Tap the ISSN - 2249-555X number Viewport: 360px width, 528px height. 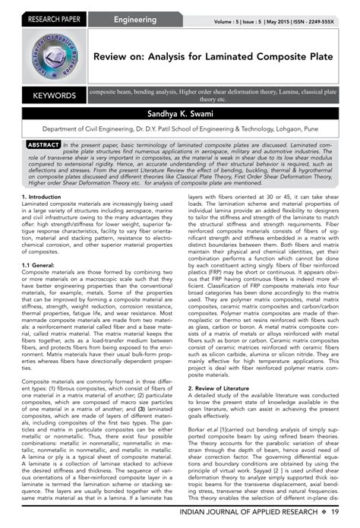(x=327, y=21)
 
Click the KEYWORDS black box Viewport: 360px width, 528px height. (x=49, y=96)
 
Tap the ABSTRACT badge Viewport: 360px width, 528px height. (x=38, y=144)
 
